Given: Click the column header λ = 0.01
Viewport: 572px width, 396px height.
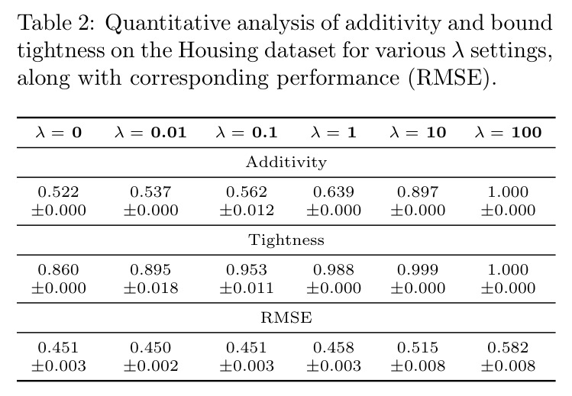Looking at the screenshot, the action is coord(150,132).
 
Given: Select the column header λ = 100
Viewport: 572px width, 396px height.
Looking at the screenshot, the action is coord(508,132).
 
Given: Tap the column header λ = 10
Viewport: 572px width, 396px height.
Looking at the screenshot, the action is coord(418,132).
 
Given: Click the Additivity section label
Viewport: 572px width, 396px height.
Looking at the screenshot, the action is coord(286,162).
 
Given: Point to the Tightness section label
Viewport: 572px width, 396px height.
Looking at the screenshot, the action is coord(286,240).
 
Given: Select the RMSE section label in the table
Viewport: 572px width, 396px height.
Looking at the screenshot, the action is coord(286,317).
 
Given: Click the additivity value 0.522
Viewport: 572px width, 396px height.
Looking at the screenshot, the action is coord(58,192).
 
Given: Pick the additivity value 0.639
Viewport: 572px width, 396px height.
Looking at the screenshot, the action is coord(334,192).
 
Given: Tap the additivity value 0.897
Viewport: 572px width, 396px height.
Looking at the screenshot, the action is coord(418,192).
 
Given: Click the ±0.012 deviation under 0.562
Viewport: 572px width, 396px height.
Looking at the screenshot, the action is coord(247,210).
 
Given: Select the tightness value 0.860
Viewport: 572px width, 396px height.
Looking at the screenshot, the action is coord(58,270).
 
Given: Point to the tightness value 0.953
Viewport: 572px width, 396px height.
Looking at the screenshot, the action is coord(247,270).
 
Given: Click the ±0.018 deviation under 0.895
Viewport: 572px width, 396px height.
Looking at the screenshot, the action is coord(150,288).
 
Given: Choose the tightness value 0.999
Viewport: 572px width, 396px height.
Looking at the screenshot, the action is coord(418,270).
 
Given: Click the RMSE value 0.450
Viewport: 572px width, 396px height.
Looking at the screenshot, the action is coord(150,347).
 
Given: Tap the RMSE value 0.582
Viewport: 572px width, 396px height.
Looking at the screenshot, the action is coord(508,347).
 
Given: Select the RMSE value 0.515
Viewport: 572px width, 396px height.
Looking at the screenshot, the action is coord(418,347).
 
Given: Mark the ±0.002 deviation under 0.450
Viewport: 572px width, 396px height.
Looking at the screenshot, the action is coord(150,365).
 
